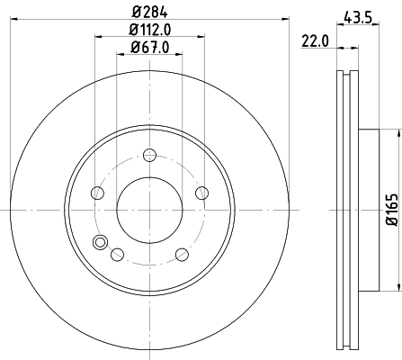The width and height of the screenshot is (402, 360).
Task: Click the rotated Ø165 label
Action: pos(393,210)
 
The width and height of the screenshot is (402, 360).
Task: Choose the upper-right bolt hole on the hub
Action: pos(201,192)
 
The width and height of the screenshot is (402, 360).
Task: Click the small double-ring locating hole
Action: pos(100,240)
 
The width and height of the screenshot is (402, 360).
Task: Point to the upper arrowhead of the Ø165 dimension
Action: pos(393,133)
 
